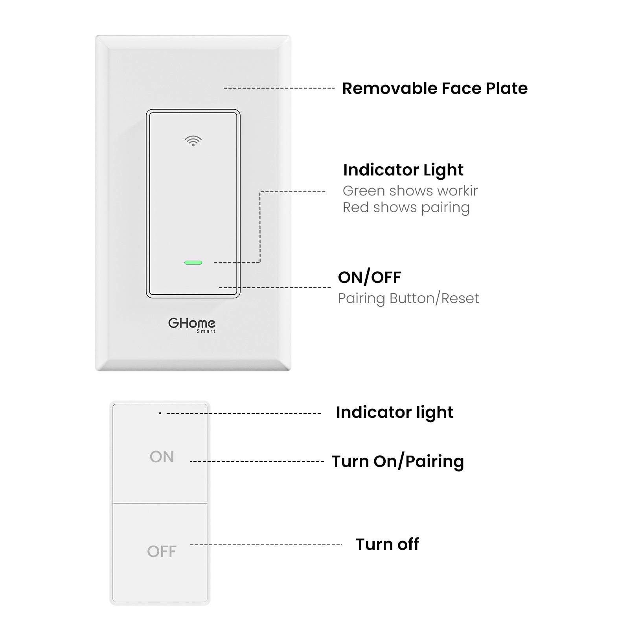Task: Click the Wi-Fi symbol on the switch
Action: coord(193,141)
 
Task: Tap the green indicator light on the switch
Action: coord(193,263)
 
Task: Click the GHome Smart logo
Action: coord(192,325)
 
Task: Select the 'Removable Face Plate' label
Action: coord(435,88)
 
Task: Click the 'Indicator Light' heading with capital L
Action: coord(403,170)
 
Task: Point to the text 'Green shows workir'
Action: coord(410,191)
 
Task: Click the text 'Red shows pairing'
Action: coord(406,208)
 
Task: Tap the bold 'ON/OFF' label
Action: coord(370,278)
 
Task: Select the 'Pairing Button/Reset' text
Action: coord(408,298)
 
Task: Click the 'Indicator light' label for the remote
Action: coord(395,412)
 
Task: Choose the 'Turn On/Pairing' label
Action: coord(398,462)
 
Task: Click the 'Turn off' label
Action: coord(387,544)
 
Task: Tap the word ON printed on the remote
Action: coord(162,457)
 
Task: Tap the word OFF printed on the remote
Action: coord(162,552)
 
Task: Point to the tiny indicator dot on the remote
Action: coord(160,413)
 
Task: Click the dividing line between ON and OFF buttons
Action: coord(160,503)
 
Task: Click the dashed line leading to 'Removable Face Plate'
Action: coord(279,88)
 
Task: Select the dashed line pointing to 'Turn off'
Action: coord(266,545)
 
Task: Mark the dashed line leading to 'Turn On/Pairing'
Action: coord(257,462)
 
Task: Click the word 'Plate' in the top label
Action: coord(507,88)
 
